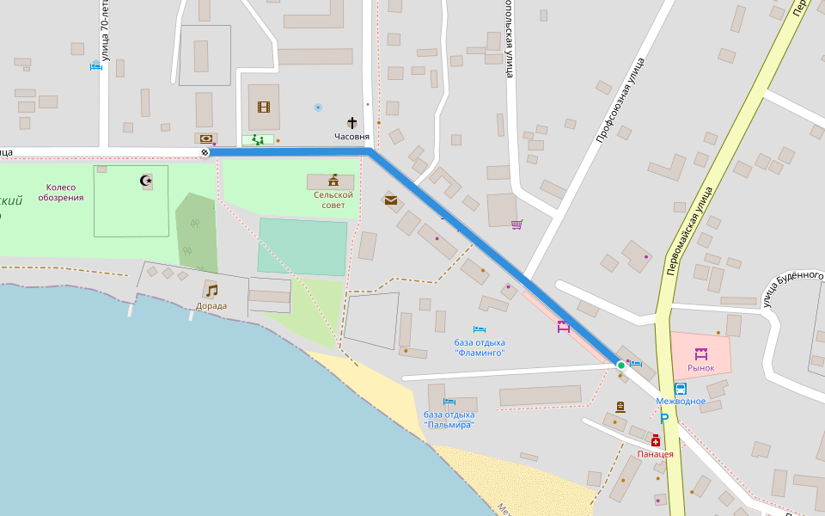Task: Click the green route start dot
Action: [x=621, y=365]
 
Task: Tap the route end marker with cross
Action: [x=205, y=152]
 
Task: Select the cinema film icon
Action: [x=264, y=107]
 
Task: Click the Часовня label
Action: [x=352, y=137]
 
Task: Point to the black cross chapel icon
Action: [x=352, y=124]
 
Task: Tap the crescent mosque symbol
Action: [x=146, y=180]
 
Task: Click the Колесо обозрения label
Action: [x=61, y=193]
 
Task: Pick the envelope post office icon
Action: [x=391, y=200]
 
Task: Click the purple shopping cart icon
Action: [x=516, y=224]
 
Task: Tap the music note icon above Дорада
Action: [x=211, y=291]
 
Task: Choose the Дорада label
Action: [x=211, y=305]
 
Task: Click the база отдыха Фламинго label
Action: [x=480, y=347]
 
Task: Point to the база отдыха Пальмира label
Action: [x=449, y=420]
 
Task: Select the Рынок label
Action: [x=700, y=368]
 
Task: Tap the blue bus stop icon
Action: [x=681, y=389]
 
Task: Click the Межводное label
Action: [x=681, y=402]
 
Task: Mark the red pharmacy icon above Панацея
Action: [x=655, y=440]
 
